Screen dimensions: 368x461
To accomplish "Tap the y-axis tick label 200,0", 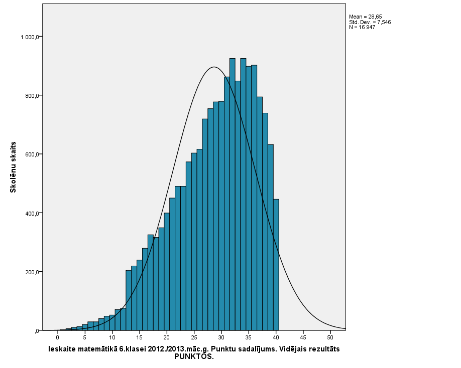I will click(x=30, y=272).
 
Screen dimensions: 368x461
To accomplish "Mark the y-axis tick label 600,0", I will click(x=30, y=154).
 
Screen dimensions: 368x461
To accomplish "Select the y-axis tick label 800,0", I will click(x=30, y=96).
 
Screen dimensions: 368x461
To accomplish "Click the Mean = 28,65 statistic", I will click(x=365, y=17).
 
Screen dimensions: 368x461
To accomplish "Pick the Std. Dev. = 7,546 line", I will click(x=370, y=22).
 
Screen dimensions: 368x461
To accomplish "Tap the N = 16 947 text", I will click(x=362, y=27).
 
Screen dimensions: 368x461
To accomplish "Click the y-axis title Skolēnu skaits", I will click(x=14, y=167).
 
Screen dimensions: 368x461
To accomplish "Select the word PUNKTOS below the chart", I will click(x=194, y=356).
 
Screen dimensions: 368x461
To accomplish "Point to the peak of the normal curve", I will click(x=214, y=67).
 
